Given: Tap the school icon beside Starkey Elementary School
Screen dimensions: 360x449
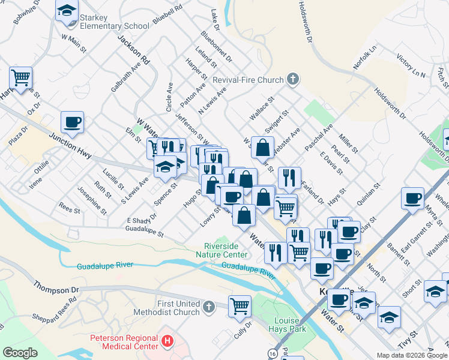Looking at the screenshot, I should coord(67,10).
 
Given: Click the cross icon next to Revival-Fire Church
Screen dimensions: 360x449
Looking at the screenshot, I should coord(292,79).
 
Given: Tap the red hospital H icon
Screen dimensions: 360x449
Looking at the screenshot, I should coord(167,341).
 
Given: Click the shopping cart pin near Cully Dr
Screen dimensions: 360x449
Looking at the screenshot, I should coord(240,305).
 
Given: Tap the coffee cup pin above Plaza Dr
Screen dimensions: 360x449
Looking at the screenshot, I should coord(72,122).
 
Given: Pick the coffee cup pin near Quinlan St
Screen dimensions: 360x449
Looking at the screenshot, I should coord(413,198).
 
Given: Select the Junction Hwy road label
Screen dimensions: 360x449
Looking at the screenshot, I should coord(70,146).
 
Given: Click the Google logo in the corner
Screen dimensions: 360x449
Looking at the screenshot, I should coord(20,352).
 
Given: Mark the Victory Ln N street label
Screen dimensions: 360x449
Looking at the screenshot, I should coord(410,66).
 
